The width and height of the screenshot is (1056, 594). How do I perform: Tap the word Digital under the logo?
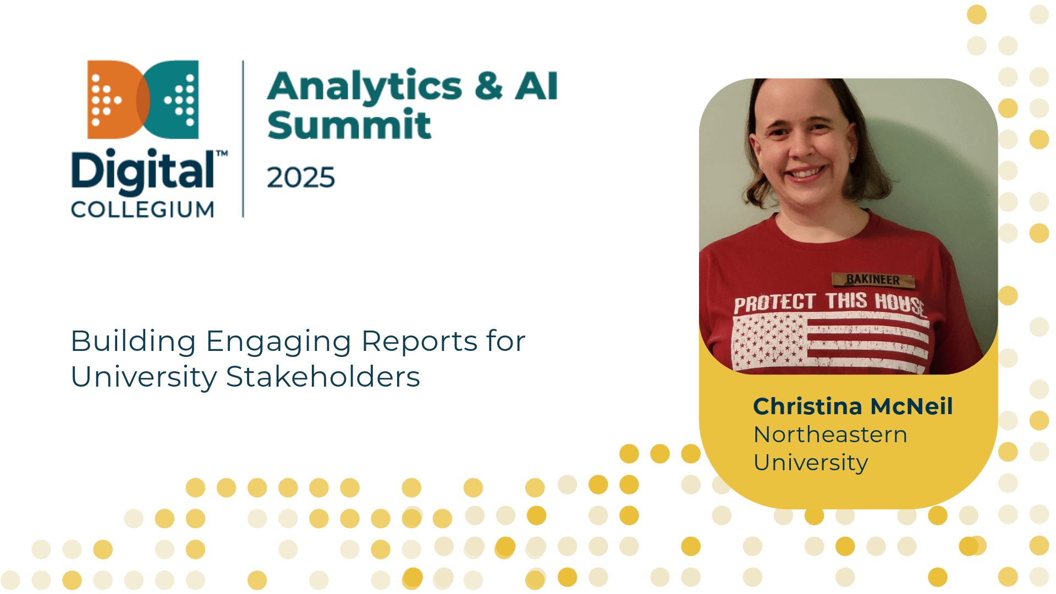pos(143,172)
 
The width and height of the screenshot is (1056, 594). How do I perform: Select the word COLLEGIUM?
pos(142,210)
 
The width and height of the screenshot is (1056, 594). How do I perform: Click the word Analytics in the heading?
pos(365,87)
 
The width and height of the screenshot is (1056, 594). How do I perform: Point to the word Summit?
pos(349,124)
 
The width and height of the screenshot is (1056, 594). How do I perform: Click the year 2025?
pos(301,178)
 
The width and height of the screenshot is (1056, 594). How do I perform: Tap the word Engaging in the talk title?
pos(278,342)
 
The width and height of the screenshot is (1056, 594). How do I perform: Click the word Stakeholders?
pos(323,377)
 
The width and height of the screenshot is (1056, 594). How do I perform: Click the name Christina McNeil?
pos(853,406)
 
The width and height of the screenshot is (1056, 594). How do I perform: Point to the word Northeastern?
pos(831,435)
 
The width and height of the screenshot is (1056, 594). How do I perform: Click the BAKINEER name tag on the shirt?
pos(873,280)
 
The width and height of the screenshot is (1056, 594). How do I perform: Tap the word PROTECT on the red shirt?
pos(774,303)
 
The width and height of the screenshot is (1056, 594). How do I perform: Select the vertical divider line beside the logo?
pos(243,139)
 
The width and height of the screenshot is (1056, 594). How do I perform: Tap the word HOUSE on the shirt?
pos(901,304)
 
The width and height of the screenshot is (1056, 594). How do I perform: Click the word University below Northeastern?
pos(811,463)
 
